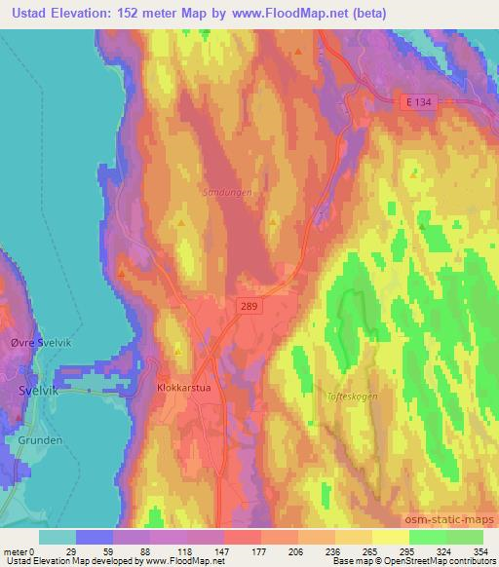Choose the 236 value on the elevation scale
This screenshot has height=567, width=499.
coord(334,550)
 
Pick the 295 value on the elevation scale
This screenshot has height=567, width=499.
coord(408,550)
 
